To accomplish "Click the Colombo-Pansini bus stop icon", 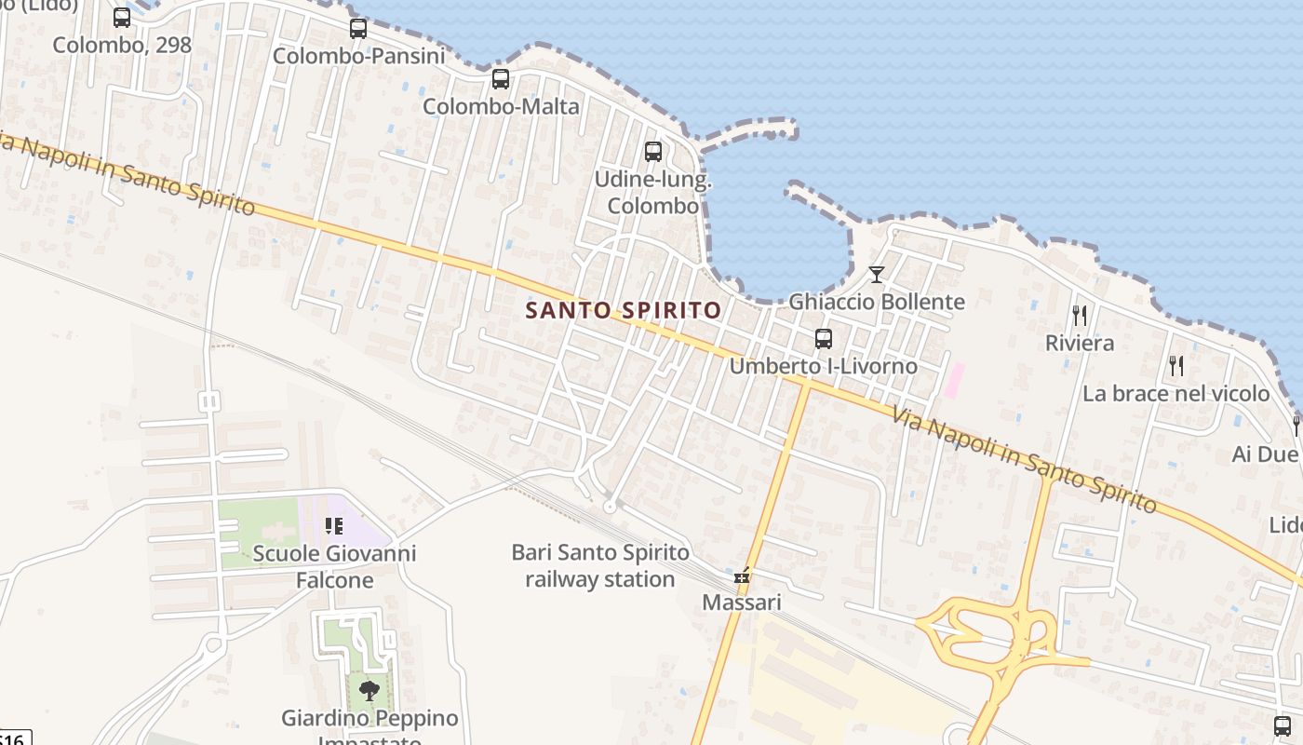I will [x=358, y=29].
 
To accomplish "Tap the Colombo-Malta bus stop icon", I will [x=501, y=79].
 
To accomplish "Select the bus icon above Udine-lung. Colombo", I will [x=653, y=152].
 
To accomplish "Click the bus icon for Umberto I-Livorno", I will [x=824, y=339].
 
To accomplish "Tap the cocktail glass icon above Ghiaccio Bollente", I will [x=877, y=275].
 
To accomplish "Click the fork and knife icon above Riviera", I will [x=1080, y=316].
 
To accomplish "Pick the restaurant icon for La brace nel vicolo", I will [x=1176, y=366].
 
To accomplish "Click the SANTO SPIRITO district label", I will [x=624, y=310].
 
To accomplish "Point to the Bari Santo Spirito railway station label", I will [x=600, y=565].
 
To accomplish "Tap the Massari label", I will [x=742, y=603].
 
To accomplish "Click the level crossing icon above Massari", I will [x=742, y=577].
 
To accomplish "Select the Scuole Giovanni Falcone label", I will [x=335, y=567].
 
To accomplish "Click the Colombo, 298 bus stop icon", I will [x=122, y=18].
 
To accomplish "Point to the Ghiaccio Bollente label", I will [x=877, y=302].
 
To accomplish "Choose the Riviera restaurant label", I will [x=1080, y=343].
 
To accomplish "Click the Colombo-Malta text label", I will [x=501, y=106].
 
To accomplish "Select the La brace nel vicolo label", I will [x=1176, y=393].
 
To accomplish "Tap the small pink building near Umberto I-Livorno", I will [x=954, y=381].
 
